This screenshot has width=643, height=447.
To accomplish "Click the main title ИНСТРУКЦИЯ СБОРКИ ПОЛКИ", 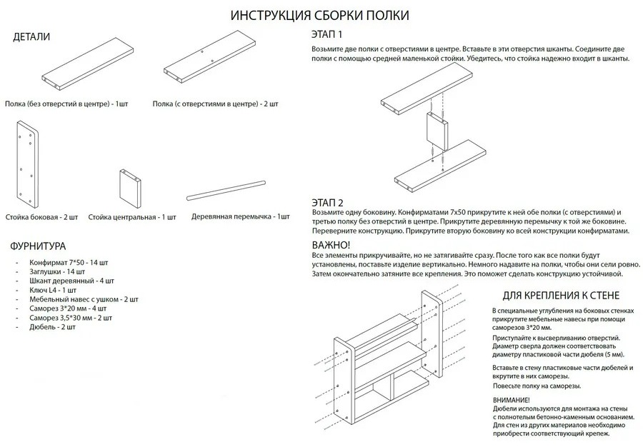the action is click(319, 15).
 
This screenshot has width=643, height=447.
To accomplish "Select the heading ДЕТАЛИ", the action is click(31, 37).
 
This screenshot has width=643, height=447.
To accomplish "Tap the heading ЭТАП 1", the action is click(327, 34).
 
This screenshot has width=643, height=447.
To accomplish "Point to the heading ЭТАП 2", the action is click(328, 202).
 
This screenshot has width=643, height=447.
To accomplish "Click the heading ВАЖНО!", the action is click(331, 245).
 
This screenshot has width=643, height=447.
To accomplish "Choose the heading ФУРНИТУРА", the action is click(38, 246).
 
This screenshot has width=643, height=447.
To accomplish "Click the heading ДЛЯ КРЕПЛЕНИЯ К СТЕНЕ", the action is click(561, 296).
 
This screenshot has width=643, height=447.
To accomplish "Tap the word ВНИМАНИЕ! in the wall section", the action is click(511, 400).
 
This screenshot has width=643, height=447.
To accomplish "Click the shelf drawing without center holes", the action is click(88, 64).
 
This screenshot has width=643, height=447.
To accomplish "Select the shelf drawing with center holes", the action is click(209, 57).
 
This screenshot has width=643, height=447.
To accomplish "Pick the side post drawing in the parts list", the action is click(28, 164).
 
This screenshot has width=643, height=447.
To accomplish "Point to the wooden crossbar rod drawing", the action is click(226, 191).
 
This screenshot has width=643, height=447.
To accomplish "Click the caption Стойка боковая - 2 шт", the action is click(42, 217).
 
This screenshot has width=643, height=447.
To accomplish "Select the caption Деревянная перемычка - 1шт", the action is click(240, 217).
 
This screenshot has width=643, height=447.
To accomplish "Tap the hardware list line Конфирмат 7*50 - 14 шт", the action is click(69, 263).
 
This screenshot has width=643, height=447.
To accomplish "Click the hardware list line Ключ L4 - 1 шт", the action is click(53, 290).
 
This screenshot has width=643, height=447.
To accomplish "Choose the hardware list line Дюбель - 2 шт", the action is click(52, 327).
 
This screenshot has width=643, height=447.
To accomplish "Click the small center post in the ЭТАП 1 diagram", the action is click(437, 132).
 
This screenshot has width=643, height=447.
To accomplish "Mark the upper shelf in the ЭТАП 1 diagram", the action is click(427, 92).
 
